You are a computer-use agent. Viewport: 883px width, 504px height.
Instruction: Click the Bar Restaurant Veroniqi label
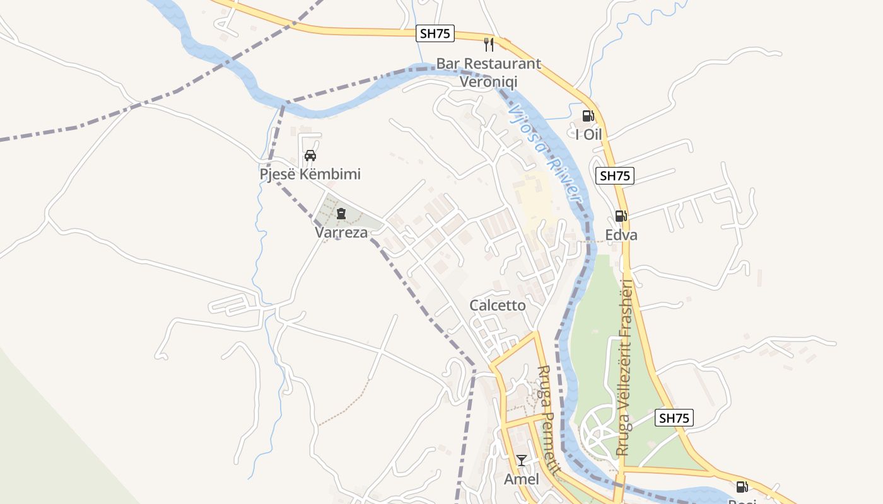[x=489, y=72]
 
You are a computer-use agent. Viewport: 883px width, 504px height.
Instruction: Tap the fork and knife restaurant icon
[x=488, y=44]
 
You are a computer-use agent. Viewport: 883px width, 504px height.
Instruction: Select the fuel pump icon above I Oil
[x=588, y=116]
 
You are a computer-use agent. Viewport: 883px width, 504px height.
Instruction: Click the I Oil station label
[x=588, y=134]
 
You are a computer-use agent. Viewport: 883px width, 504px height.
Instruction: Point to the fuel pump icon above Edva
[x=621, y=216]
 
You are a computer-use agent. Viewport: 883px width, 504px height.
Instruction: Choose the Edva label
[x=621, y=235]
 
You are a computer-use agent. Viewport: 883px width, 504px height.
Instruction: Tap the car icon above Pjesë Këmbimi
[x=310, y=156]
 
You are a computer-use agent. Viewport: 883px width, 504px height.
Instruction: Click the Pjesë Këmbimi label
[x=310, y=174]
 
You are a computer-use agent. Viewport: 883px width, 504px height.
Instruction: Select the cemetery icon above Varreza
[x=341, y=214]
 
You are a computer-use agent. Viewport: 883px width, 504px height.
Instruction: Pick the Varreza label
[x=341, y=232]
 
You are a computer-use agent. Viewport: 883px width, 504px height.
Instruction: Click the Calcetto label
[x=497, y=306]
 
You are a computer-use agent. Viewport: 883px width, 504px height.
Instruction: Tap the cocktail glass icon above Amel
[x=521, y=461]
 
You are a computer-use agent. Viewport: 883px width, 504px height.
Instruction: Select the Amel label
[x=521, y=479]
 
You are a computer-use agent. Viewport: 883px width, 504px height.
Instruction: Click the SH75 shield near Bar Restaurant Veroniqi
[x=435, y=33]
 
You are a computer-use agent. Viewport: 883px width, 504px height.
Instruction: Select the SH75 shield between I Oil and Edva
[x=615, y=176]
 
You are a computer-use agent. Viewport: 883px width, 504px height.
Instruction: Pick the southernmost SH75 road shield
[x=674, y=418]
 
